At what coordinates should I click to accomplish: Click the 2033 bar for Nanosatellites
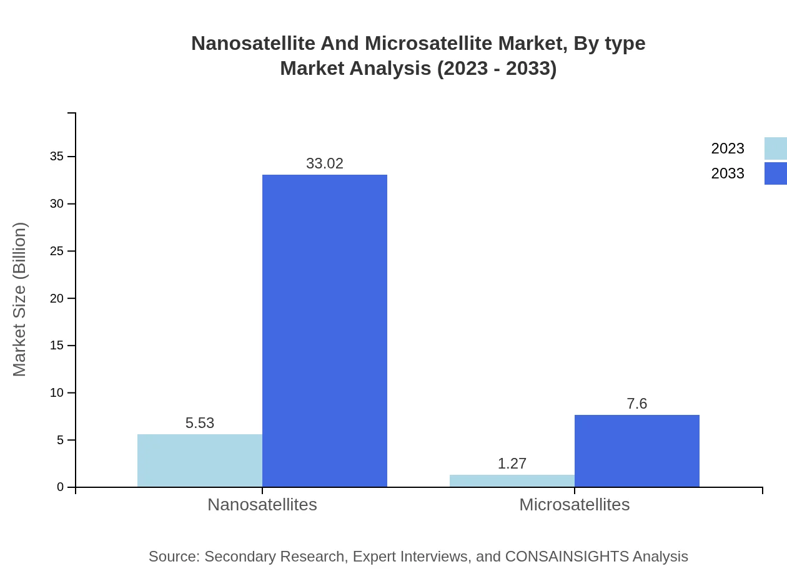(325, 331)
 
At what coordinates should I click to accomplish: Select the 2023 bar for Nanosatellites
(200, 460)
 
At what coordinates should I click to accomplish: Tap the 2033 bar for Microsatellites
(637, 450)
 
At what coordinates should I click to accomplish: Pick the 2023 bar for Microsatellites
(512, 481)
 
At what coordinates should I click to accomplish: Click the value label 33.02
(325, 163)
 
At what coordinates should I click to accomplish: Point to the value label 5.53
(200, 423)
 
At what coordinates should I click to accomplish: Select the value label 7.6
(637, 404)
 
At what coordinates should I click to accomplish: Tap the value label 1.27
(512, 464)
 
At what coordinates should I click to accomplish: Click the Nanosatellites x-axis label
(262, 504)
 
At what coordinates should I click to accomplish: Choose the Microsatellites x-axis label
(575, 504)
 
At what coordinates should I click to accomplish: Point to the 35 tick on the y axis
(57, 157)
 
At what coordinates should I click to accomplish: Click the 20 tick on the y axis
(57, 298)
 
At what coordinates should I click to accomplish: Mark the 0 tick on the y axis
(61, 487)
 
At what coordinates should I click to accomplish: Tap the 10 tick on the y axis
(57, 393)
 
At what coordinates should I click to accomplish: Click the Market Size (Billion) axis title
(19, 299)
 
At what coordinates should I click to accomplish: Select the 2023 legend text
(728, 148)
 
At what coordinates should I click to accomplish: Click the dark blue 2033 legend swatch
(776, 173)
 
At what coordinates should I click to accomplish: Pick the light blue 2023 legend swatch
(776, 148)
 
